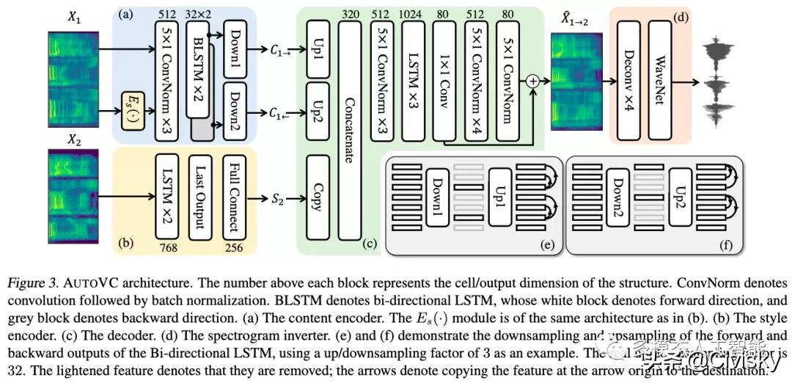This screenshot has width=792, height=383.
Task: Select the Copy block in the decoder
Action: click(316, 197)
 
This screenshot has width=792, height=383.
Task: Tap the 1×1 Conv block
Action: click(444, 80)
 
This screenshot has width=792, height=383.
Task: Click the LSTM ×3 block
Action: click(413, 80)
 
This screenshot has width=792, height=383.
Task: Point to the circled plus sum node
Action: click(534, 81)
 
